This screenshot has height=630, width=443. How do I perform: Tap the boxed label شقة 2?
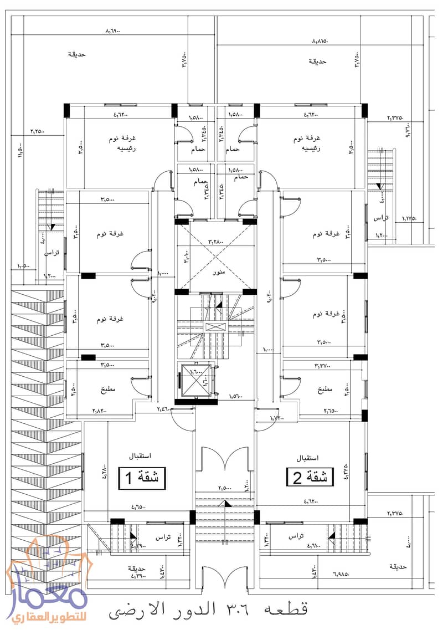[x=311, y=477]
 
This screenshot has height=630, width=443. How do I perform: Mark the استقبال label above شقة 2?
[x=307, y=458]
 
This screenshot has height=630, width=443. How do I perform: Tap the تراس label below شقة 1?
[x=162, y=538]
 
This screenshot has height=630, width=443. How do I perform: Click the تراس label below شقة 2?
[x=296, y=536]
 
